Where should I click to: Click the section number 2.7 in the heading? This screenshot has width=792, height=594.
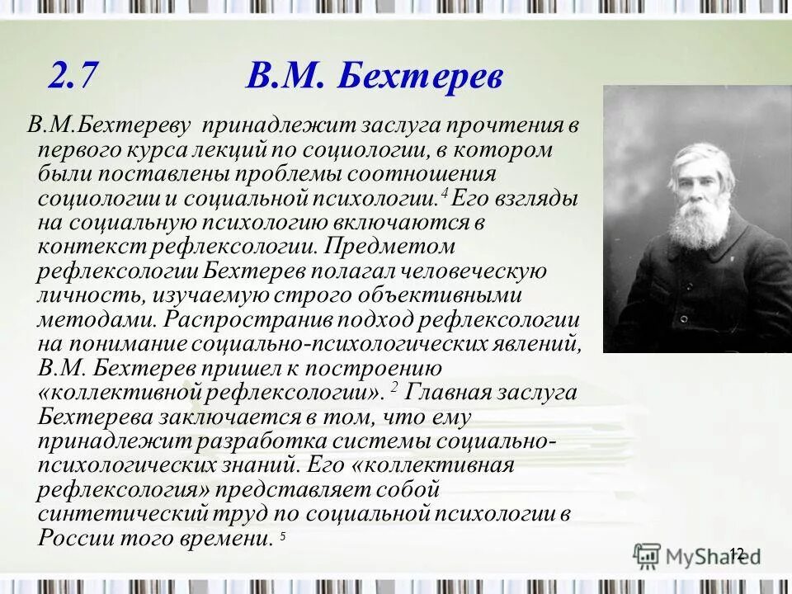click(x=73, y=77)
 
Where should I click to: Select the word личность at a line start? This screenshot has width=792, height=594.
click(x=82, y=295)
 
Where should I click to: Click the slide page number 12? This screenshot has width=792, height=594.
click(x=737, y=554)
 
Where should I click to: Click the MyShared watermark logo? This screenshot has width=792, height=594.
click(x=697, y=554)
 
